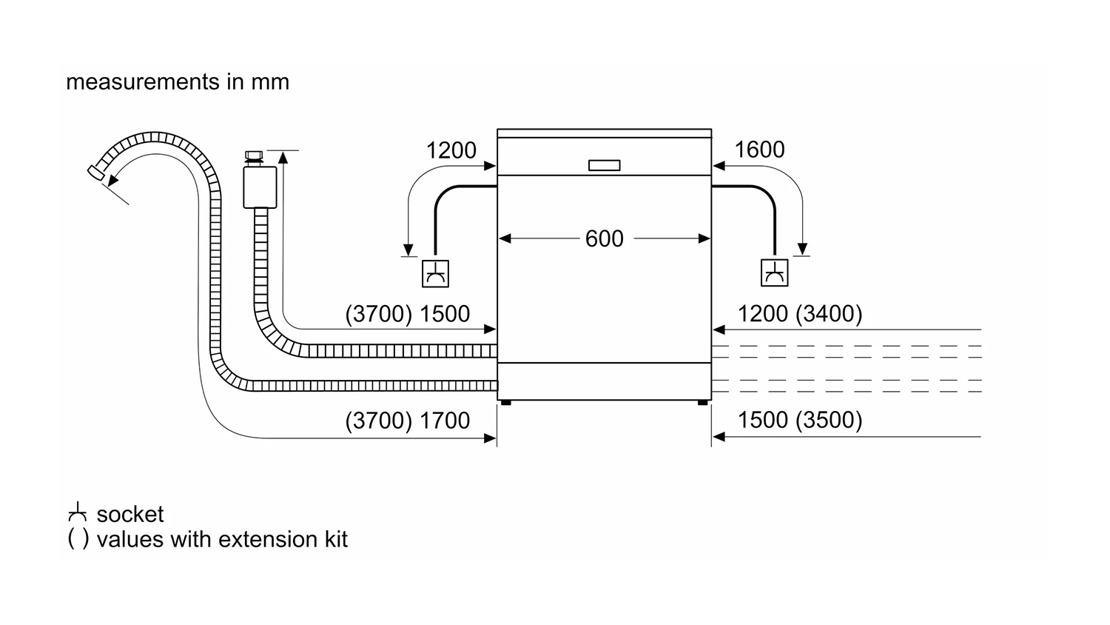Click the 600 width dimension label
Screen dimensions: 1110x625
click(604, 238)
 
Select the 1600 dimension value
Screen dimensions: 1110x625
click(759, 150)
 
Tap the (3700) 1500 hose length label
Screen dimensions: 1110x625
click(407, 313)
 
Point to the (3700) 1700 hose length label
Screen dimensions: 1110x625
click(407, 420)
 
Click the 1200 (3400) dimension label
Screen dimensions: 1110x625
click(800, 313)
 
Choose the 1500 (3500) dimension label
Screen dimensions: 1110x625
click(800, 420)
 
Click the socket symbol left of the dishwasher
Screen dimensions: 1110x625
click(435, 273)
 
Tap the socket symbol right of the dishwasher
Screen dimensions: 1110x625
click(774, 273)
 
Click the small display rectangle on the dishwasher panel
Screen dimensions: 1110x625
click(604, 165)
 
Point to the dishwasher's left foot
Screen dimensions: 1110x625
click(506, 403)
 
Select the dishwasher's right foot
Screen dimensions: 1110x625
click(703, 403)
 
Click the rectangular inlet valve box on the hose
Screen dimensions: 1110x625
click(260, 187)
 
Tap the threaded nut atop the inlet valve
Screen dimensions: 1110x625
click(255, 158)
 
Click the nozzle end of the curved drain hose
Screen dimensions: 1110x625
click(95, 173)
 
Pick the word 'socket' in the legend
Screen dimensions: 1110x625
click(129, 515)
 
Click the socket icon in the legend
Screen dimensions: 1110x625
click(77, 512)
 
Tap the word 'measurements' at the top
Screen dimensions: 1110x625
click(143, 82)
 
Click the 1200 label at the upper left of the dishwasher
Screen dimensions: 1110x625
click(451, 150)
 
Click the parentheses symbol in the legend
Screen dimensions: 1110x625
click(78, 539)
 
